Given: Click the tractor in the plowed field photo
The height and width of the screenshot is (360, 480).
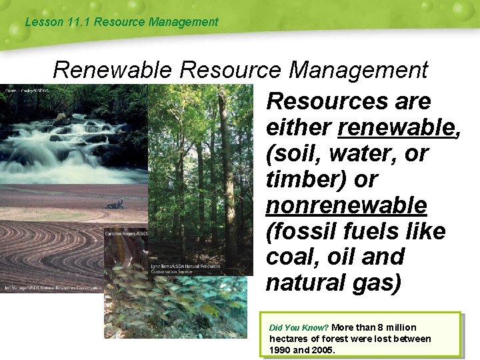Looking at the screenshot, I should coord(115,204).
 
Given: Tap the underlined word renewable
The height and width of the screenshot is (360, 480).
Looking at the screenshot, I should coord(397,127).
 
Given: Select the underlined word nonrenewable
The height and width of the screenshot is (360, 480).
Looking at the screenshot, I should coord(346,205).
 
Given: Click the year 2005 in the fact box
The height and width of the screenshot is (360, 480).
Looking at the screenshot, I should coord(324,350).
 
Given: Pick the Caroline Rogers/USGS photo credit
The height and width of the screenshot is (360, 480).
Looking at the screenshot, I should coord(126,233).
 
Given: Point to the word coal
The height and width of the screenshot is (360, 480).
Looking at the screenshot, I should coord(291,257).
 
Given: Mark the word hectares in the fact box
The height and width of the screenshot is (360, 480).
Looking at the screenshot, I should coord(290,339).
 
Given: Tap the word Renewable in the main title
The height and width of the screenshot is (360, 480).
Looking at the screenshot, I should coord(113,69).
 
